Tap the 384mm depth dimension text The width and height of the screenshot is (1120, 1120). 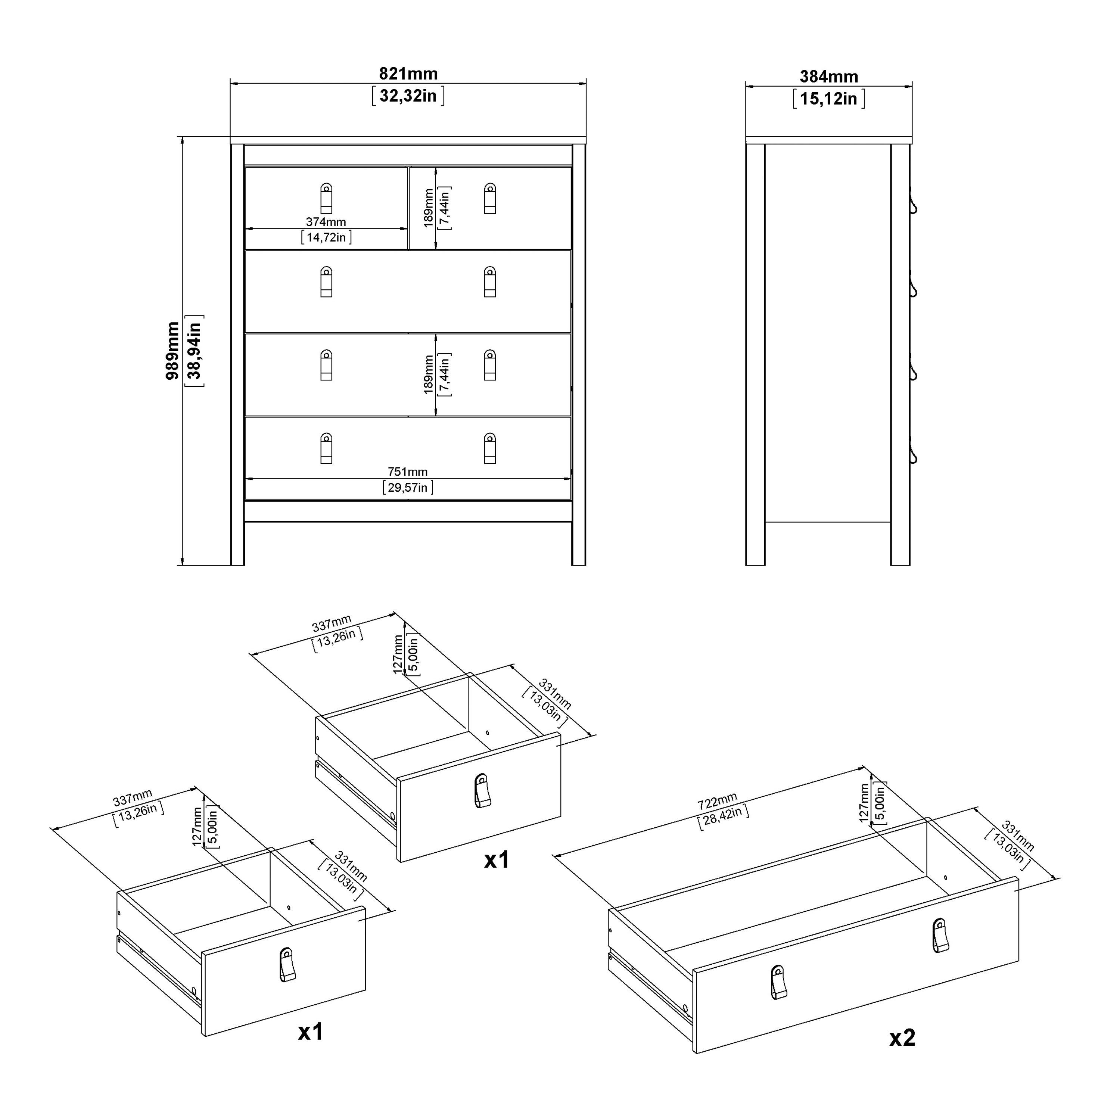[828, 77]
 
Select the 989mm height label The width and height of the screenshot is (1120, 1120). [173, 351]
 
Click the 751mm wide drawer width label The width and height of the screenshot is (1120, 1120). [408, 472]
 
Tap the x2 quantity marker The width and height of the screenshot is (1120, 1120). [902, 1038]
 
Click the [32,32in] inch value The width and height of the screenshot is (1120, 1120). [408, 96]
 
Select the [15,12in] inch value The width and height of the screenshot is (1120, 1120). [828, 99]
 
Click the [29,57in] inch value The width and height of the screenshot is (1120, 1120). [408, 488]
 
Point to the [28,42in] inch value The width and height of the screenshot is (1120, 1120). [722, 817]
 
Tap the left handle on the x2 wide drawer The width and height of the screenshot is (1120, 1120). [778, 982]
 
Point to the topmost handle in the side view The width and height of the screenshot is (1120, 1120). [914, 204]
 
